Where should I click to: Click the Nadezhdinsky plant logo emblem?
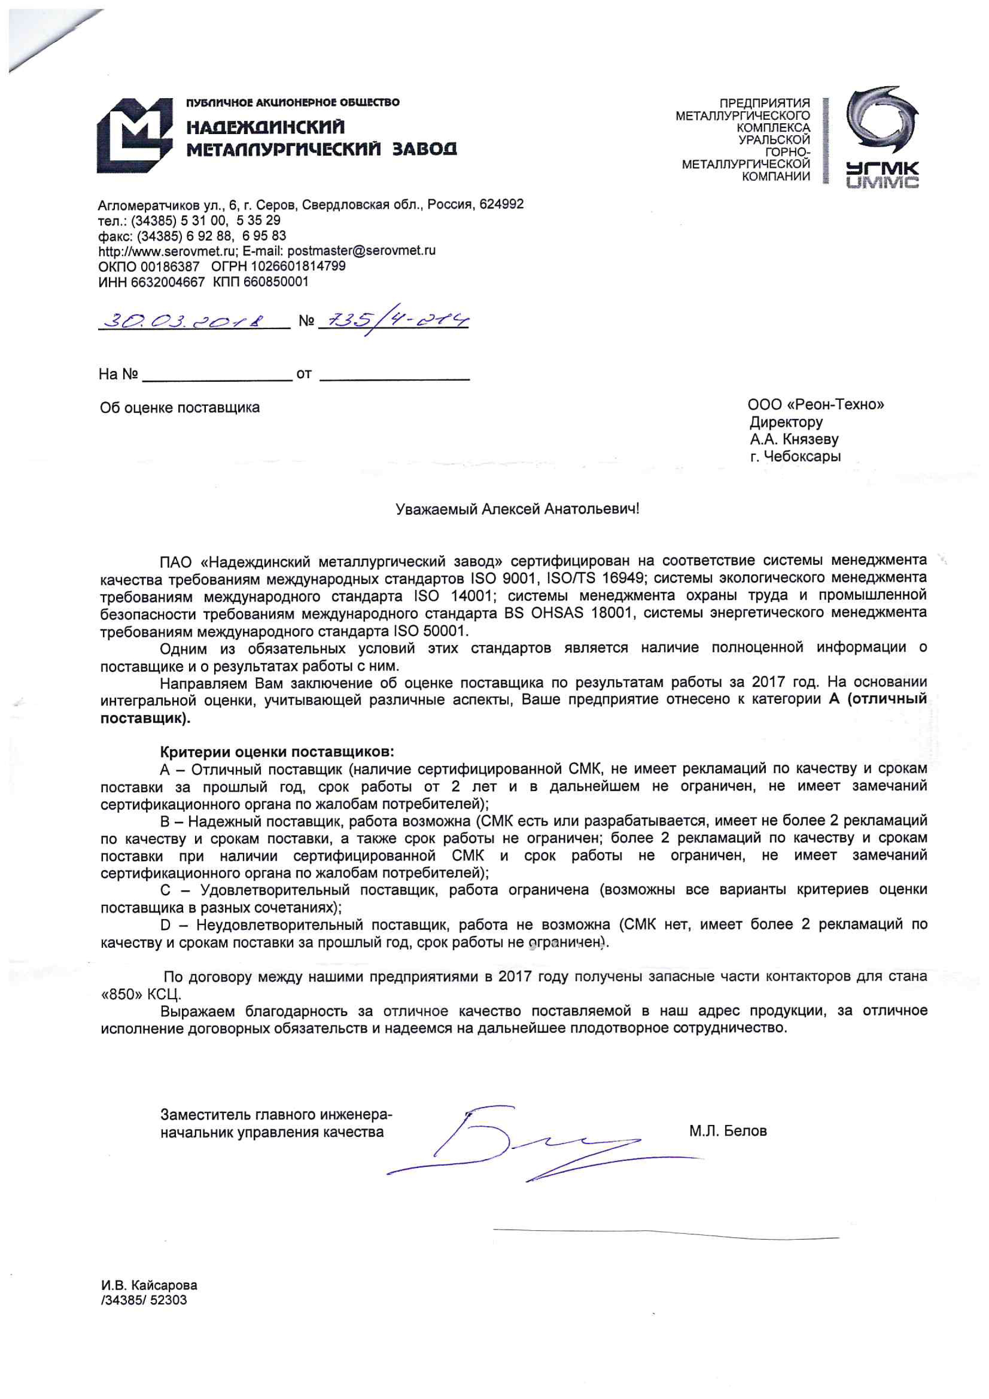click(x=134, y=135)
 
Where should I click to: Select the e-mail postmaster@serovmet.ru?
click(x=361, y=251)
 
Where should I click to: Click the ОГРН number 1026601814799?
click(x=298, y=266)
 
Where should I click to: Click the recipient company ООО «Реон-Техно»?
click(x=815, y=404)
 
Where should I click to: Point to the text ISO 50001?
click(x=431, y=630)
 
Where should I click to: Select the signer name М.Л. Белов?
click(x=728, y=1131)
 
